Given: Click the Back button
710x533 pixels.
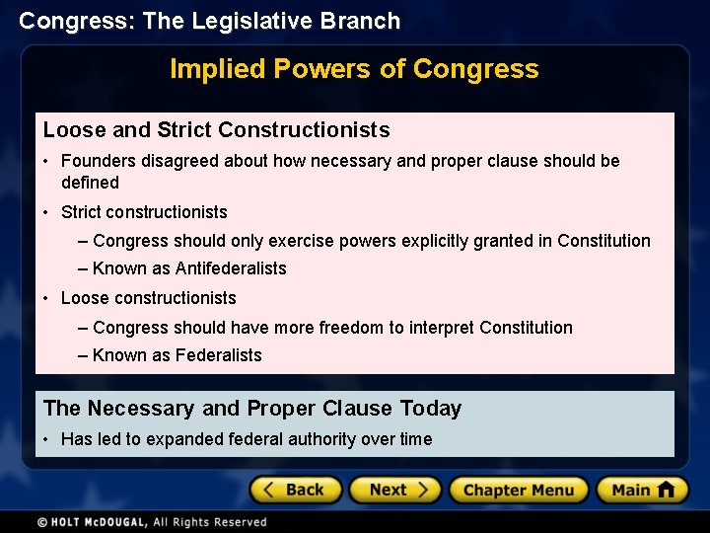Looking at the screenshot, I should pyautogui.click(x=295, y=490).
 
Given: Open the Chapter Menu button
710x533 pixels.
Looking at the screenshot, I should pyautogui.click(x=518, y=490).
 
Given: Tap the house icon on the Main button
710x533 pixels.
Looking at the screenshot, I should pyautogui.click(x=666, y=490).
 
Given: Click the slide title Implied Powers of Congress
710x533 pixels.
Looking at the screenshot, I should pyautogui.click(x=354, y=69).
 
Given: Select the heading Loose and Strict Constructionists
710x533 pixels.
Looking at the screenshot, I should pyautogui.click(x=217, y=130).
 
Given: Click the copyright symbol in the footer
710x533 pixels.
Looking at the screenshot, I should pyautogui.click(x=42, y=522).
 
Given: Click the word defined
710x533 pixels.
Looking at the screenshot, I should pyautogui.click(x=90, y=183).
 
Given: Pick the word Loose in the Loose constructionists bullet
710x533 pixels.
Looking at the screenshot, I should pyautogui.click(x=82, y=298).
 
